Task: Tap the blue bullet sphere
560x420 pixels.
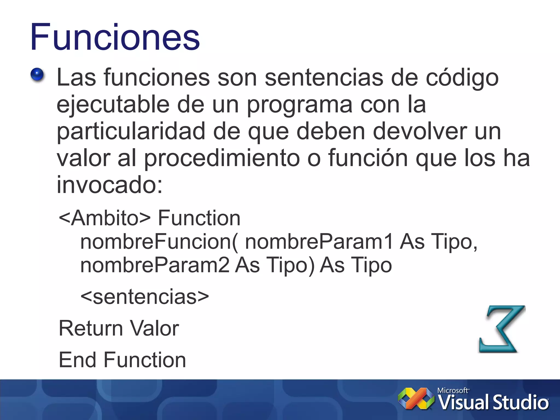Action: click(37, 75)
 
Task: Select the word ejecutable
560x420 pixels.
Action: click(113, 105)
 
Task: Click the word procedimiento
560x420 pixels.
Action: click(222, 159)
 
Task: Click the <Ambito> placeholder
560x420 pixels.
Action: click(105, 218)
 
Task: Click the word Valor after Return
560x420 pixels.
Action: click(154, 328)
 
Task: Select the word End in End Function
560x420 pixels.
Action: click(77, 360)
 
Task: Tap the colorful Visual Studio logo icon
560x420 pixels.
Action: click(416, 399)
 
